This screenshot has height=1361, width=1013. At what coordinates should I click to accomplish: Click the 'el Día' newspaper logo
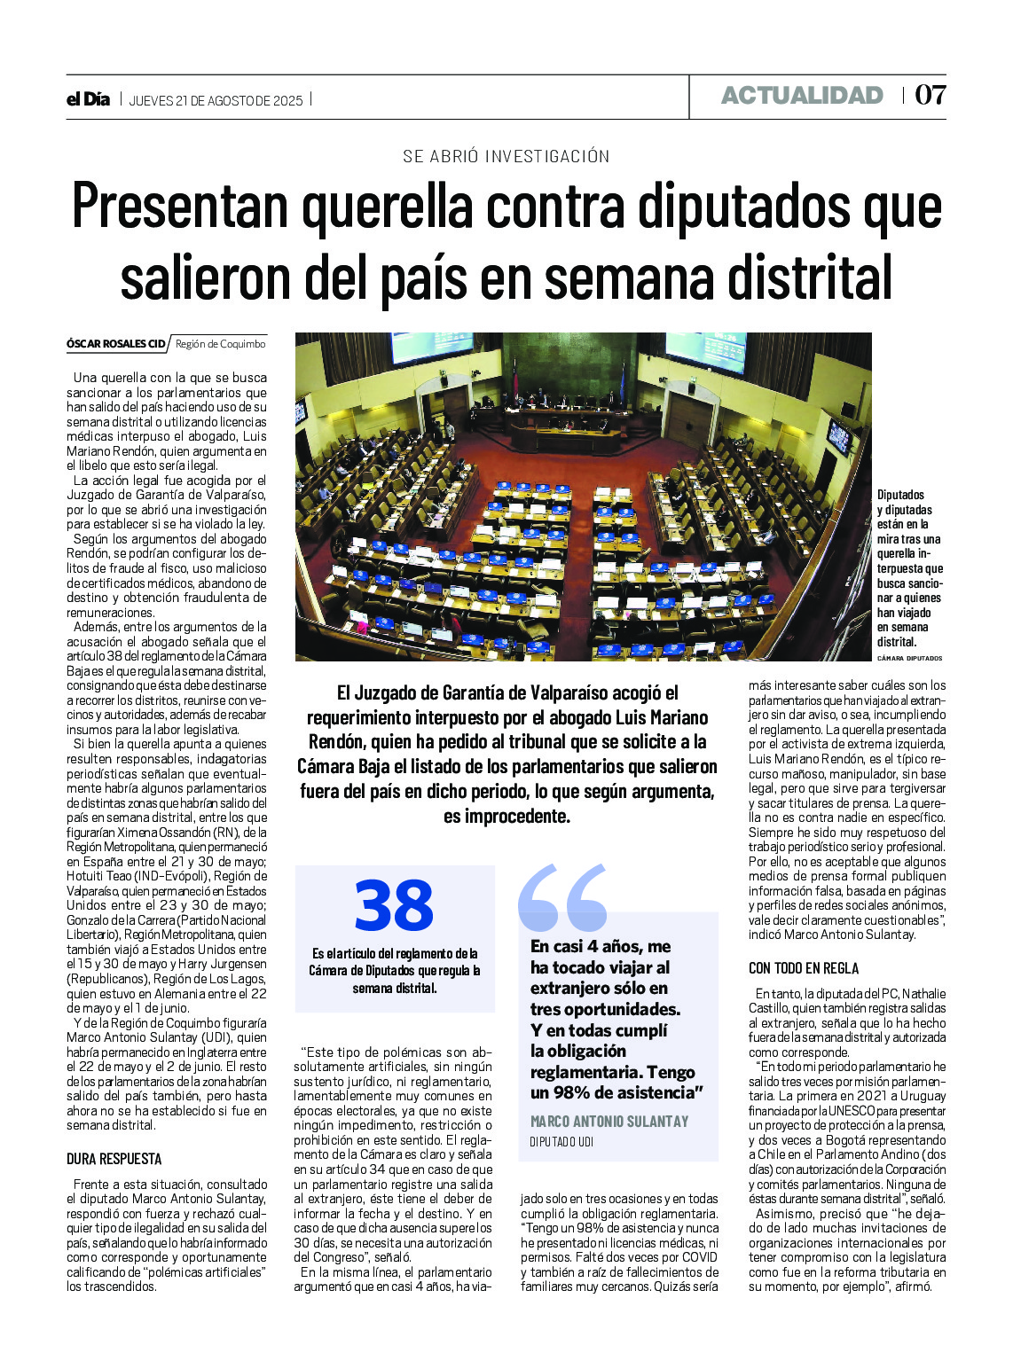tap(88, 99)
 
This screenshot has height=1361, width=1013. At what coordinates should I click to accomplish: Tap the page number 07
tap(930, 96)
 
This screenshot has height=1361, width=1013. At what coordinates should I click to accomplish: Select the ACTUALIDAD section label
tap(802, 96)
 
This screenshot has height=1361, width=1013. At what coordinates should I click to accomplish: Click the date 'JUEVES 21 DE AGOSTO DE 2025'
tap(216, 100)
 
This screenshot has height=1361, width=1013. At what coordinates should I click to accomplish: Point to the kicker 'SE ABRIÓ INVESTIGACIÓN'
tap(506, 157)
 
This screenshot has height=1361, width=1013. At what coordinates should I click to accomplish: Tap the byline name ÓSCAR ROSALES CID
tap(115, 344)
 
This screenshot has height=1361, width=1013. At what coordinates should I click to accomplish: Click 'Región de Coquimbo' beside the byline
tap(220, 344)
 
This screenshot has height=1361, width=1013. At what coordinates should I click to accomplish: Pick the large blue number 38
tap(394, 906)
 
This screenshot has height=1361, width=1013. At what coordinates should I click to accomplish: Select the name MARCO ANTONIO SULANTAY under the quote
tap(609, 1122)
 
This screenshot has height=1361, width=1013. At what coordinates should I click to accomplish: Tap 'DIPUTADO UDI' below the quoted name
tap(561, 1142)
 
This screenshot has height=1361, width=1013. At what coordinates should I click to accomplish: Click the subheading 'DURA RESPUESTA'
tap(114, 1159)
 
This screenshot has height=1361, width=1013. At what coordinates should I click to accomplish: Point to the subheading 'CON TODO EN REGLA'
tap(804, 968)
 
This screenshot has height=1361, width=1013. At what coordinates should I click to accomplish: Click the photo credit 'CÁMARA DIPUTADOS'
tap(909, 659)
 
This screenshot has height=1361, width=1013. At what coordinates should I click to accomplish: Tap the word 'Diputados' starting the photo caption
tap(900, 495)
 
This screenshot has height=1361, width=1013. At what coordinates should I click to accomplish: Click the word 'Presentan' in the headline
tap(180, 207)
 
